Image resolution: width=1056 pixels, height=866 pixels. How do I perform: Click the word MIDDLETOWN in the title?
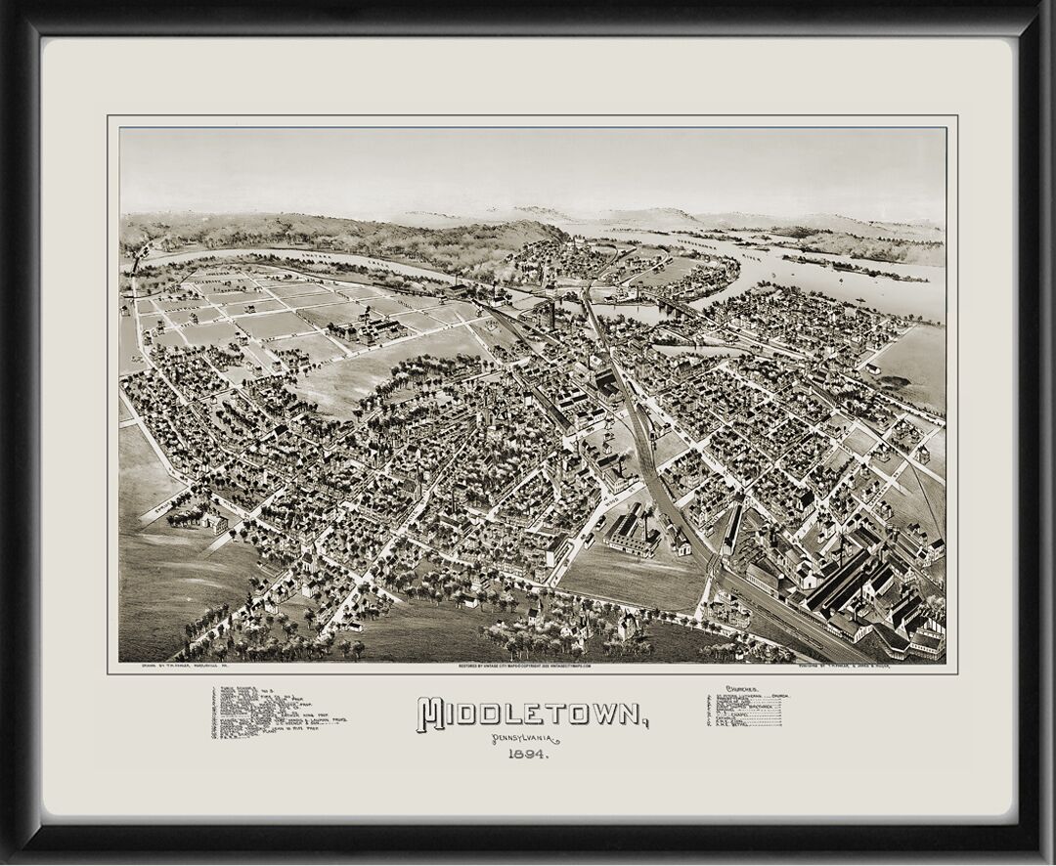(x=533, y=714)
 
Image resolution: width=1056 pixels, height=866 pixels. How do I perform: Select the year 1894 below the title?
(x=527, y=755)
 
